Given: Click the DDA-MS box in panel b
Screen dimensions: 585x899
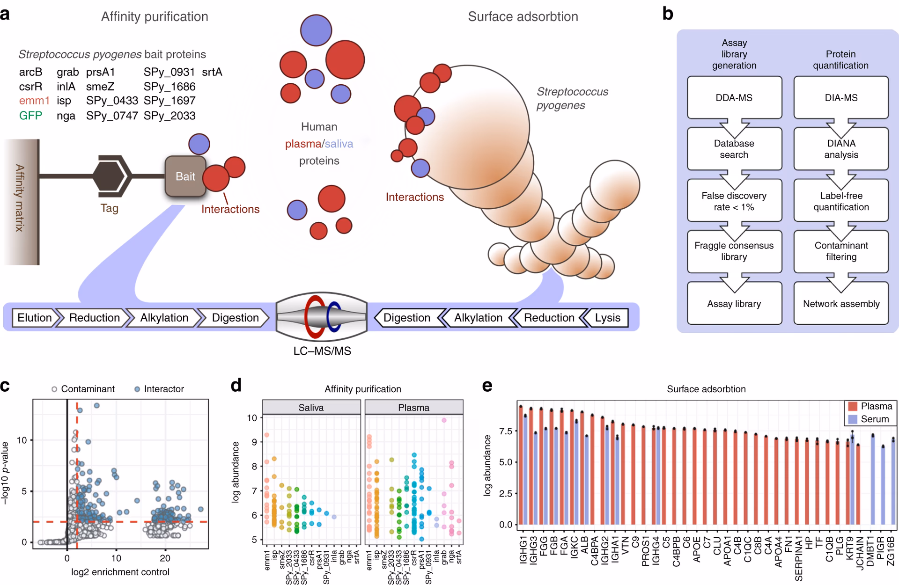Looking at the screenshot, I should point(734,97).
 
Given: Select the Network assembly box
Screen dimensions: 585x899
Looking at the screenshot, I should point(841,303).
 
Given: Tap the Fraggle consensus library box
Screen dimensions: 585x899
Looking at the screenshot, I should point(734,251).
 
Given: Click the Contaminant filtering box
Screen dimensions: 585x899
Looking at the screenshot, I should point(841,251).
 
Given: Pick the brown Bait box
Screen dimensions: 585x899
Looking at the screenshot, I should point(185,176).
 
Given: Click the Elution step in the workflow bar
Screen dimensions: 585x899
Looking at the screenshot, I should point(35,318).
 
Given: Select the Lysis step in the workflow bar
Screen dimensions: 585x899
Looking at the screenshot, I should point(607,318).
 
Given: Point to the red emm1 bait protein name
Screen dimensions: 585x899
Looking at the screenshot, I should point(34,101).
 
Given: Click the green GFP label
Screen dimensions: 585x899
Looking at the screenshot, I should point(30,116).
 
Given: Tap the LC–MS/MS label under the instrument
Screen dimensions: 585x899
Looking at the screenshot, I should point(322,351).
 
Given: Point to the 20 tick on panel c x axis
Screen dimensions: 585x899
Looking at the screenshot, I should point(165,558).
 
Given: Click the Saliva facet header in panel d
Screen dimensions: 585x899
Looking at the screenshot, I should point(311,408).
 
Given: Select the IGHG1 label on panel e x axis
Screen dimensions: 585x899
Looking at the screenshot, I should point(523,550).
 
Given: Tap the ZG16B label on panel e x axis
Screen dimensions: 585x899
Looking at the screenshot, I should point(891,550).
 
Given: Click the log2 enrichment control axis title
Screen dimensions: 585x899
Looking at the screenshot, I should point(120,572).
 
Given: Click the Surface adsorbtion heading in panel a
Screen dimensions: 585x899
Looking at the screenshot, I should point(523,17).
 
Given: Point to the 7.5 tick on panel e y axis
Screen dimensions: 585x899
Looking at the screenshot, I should point(506,431).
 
